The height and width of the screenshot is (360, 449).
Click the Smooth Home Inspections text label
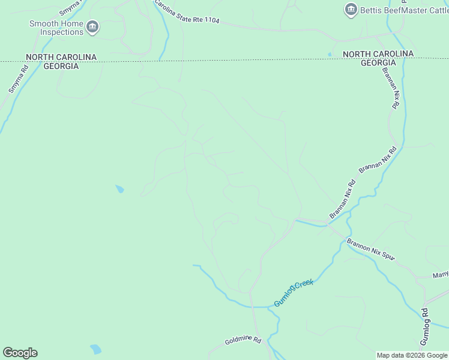[56, 28]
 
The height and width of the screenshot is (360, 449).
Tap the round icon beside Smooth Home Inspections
[92, 26]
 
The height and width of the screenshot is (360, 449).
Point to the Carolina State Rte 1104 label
[187, 12]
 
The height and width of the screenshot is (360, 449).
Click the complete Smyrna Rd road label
[19, 79]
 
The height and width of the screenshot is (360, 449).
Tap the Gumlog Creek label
[294, 293]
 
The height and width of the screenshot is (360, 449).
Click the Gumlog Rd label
[424, 326]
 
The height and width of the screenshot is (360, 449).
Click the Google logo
[20, 353]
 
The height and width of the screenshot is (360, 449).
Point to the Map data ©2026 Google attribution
[412, 355]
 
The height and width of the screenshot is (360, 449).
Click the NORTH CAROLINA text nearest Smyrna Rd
[61, 57]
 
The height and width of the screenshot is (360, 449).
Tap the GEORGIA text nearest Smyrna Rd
[61, 66]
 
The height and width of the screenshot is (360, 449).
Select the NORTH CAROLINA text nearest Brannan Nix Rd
[378, 54]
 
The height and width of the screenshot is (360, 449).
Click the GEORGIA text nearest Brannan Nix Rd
[378, 63]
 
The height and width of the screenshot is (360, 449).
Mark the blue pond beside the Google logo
[95, 349]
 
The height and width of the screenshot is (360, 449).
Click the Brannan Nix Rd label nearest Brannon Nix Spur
[343, 199]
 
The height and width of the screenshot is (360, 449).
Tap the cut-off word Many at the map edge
[441, 275]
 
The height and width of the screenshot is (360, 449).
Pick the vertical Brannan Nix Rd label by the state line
[390, 87]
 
